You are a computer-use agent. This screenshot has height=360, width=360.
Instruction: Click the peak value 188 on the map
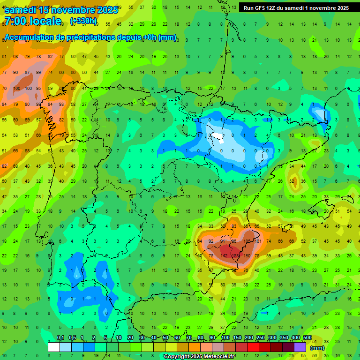[236, 255]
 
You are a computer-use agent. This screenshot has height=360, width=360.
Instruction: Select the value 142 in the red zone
[225, 255]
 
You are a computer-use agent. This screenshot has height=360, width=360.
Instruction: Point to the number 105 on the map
[247, 241]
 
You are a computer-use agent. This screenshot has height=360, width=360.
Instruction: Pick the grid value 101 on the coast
[258, 241]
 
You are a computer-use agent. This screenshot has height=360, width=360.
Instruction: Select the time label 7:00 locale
[33, 21]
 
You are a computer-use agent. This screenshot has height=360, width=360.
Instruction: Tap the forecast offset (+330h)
[83, 21]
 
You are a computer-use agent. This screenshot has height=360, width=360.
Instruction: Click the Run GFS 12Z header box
[296, 8]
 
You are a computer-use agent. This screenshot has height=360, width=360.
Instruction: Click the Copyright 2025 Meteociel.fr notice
[200, 357]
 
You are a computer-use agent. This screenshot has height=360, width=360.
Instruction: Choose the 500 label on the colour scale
[307, 338]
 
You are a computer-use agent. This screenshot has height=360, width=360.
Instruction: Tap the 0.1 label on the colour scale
[60, 338]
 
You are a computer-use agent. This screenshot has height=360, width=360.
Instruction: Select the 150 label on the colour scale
[237, 338]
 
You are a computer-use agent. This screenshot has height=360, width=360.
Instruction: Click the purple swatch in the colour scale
[300, 347]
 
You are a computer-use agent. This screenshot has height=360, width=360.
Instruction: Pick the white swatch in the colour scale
[54, 347]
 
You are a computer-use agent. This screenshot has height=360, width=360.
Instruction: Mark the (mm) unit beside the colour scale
[317, 348]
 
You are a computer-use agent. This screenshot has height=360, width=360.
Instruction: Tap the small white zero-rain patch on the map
[217, 136]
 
